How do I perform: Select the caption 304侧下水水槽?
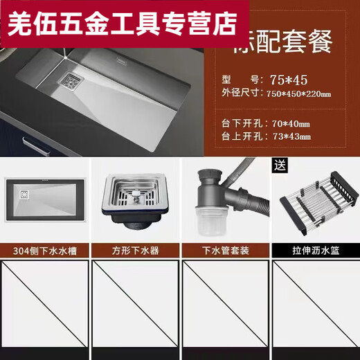[x=45, y=251]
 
